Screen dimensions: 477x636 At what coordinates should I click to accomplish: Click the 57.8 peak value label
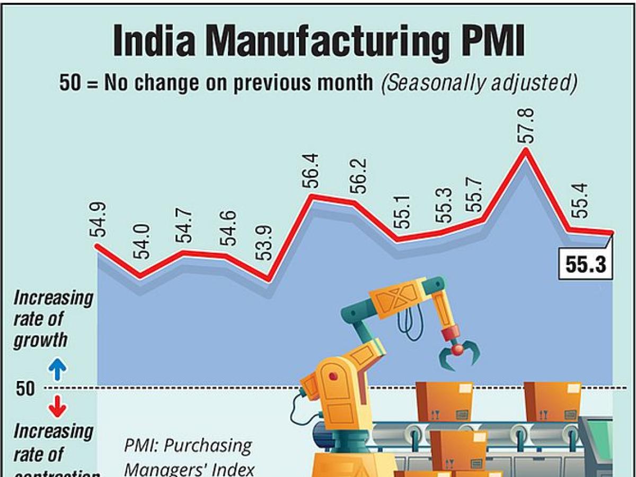(528, 125)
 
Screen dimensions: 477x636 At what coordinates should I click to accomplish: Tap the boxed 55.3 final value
(585, 264)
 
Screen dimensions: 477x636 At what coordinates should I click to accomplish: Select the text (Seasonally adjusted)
(477, 83)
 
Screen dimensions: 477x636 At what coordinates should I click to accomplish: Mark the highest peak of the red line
(525, 150)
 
